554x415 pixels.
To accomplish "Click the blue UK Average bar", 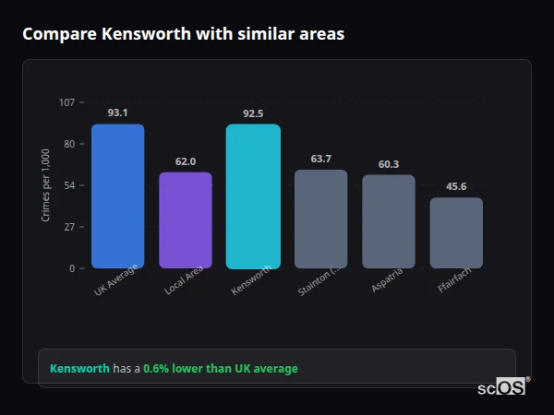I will [x=117, y=196].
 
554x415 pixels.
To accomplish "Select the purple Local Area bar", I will [x=186, y=219].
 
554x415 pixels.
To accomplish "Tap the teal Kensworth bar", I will [x=253, y=196].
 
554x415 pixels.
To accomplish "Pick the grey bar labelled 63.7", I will [x=321, y=219].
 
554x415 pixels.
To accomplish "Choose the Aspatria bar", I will [x=389, y=221].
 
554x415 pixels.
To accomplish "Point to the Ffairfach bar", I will [x=456, y=232].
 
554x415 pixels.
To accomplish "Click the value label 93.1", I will [x=117, y=113].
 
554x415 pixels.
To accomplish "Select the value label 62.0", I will [x=186, y=161].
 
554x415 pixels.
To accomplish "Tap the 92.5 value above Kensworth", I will [x=253, y=113].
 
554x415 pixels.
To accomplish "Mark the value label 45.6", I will [x=456, y=186].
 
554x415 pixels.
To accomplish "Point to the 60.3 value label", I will [x=389, y=164].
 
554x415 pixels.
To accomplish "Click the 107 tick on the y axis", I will [x=66, y=101].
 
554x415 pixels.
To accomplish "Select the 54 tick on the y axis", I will [x=69, y=185].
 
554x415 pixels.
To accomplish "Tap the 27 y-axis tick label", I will [x=69, y=227].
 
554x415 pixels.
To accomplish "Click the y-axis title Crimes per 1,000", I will [x=46, y=185].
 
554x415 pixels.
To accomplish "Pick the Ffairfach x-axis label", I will [x=455, y=282].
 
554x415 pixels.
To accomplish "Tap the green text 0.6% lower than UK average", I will [x=221, y=369].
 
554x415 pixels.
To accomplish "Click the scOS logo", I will [x=502, y=387].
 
